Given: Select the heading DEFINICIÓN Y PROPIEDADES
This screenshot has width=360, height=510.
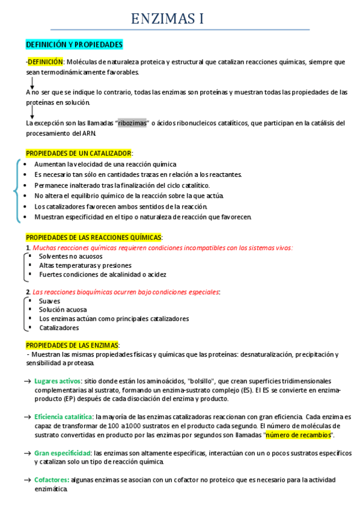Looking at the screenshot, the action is tap(74, 45).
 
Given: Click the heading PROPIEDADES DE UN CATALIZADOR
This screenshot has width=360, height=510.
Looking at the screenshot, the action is tap(79, 153).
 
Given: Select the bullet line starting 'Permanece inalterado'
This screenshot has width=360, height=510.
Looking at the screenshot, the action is tap(122, 185).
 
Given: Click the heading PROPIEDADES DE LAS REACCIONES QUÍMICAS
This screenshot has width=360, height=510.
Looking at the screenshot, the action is tap(94, 238).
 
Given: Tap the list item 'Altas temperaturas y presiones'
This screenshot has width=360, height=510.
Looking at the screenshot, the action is tap(85, 265).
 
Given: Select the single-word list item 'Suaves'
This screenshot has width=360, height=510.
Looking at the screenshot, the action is tap(50, 301).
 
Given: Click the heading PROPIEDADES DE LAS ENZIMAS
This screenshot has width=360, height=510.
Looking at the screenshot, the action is tap(72, 345).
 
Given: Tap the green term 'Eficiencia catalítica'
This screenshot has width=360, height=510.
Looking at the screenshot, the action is tap(63, 417).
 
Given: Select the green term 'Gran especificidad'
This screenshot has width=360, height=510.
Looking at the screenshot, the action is tap(62, 452).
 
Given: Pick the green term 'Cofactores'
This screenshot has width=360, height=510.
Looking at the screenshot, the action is tap(52, 480).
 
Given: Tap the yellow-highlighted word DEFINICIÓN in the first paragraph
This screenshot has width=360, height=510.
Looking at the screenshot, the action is tap(46, 62).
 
